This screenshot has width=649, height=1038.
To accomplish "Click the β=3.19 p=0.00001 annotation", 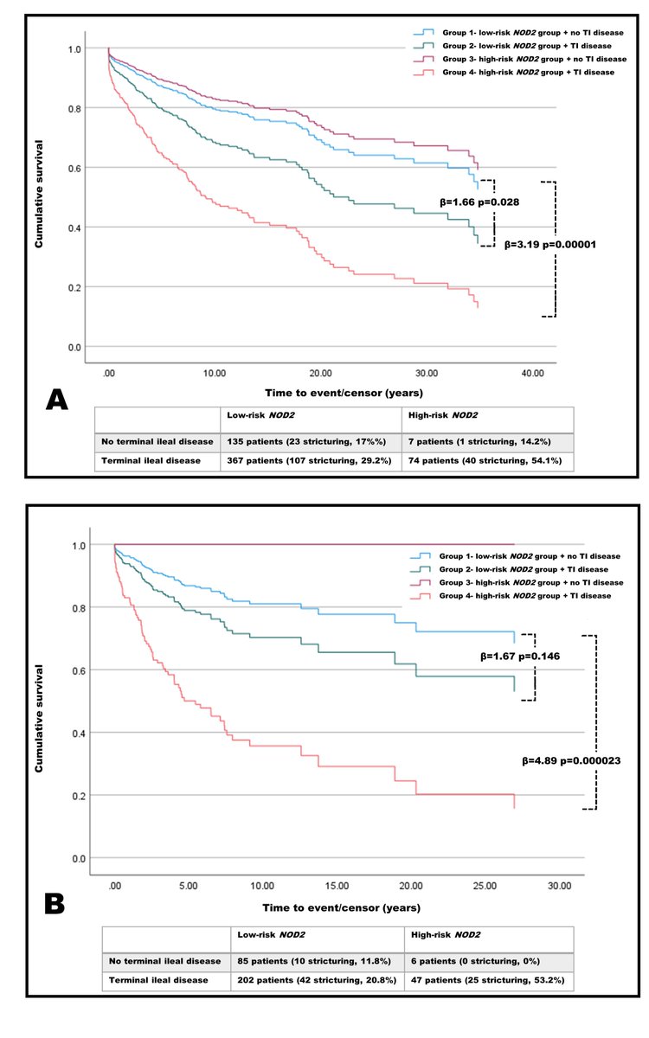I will pyautogui.click(x=549, y=244).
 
